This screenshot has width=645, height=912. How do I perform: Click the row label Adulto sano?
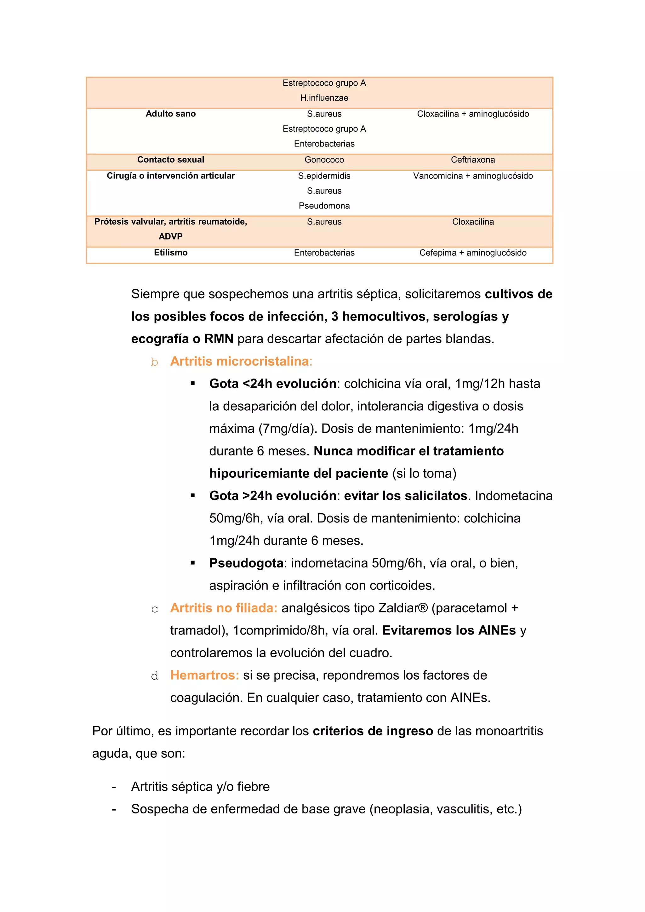coord(170,114)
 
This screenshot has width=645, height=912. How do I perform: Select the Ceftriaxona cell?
coord(473,160)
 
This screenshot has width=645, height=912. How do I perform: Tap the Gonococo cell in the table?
coord(324,160)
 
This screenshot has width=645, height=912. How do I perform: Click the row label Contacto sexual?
coord(170,160)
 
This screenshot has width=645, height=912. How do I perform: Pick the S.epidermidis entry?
coord(324,176)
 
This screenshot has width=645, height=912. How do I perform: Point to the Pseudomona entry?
coord(324,206)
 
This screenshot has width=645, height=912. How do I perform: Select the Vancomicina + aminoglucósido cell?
coord(473,176)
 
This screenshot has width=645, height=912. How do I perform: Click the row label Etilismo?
coord(170,253)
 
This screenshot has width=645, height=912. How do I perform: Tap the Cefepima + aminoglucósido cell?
coord(473,253)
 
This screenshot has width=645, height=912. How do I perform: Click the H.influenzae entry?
coord(324,98)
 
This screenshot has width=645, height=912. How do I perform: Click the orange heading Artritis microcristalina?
coord(239,361)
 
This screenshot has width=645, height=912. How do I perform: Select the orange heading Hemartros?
coord(204,675)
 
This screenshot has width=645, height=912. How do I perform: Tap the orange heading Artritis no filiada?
coord(224,608)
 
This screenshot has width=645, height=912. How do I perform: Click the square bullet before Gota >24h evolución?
coord(193,496)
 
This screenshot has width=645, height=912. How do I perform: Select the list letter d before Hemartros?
coord(155,676)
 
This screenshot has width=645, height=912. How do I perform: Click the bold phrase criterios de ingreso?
coord(373,731)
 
